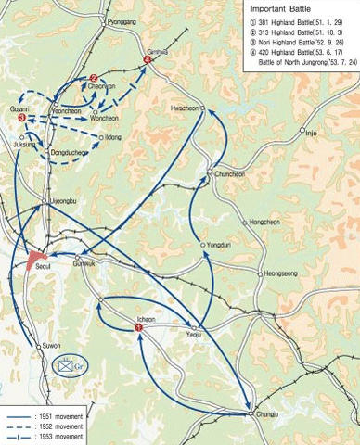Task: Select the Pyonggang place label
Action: (121, 19)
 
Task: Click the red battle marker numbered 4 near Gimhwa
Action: (148, 61)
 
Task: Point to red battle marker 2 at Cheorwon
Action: (94, 78)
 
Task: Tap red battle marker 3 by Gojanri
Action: (21, 118)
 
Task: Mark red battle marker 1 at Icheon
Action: (137, 328)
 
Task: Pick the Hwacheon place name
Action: (185, 108)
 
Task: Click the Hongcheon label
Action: (267, 222)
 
